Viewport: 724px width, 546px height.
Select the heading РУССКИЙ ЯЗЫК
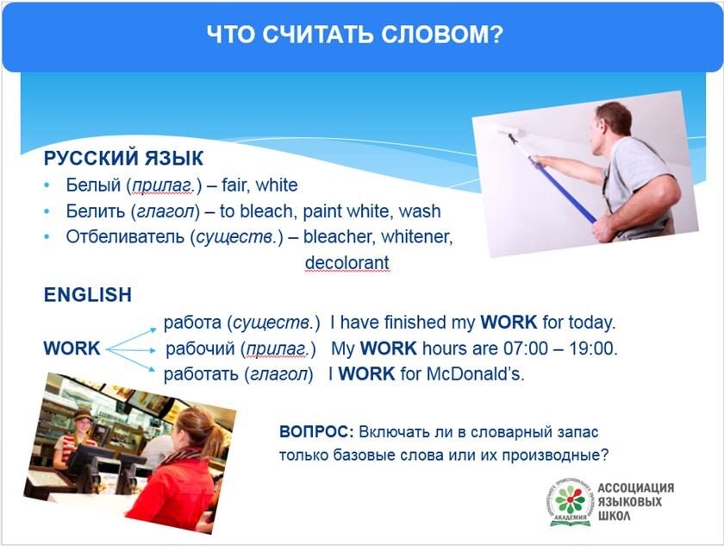tap(123, 158)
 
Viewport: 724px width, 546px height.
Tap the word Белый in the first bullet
tap(93, 185)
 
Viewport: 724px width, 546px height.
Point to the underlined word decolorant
tap(347, 262)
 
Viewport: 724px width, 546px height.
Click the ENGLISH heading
tap(88, 295)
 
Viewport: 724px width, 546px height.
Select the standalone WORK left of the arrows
tap(72, 348)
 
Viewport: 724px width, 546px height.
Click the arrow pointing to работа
tap(132, 339)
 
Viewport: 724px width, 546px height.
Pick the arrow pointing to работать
tap(132, 360)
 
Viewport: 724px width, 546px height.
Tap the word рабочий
tap(200, 348)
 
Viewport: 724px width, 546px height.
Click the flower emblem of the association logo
tap(571, 499)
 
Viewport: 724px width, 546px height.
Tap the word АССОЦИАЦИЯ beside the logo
tap(636, 488)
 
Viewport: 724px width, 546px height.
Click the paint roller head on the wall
tap(508, 132)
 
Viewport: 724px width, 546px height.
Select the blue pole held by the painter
tap(563, 191)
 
